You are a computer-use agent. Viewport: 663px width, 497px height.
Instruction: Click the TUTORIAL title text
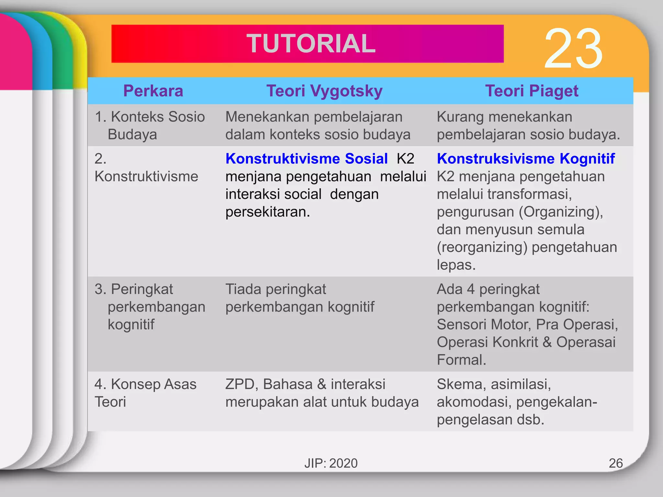(x=311, y=44)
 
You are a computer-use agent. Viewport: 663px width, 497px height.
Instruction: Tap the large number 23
(x=573, y=49)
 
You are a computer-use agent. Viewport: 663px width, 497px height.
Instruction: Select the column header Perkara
(x=153, y=91)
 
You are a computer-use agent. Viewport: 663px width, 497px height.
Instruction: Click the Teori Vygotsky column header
(x=324, y=91)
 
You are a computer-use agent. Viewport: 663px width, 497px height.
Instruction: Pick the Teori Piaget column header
(x=532, y=91)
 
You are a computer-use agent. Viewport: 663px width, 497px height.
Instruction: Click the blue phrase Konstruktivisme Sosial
(x=306, y=159)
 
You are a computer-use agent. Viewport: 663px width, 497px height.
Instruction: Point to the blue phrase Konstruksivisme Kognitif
(x=525, y=159)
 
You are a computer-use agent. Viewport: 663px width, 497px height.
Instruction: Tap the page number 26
(x=615, y=463)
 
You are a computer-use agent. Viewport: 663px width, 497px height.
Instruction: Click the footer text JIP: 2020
(x=331, y=463)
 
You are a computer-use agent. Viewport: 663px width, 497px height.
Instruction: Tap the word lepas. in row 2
(x=456, y=265)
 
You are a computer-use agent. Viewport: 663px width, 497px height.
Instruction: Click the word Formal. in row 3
(x=461, y=360)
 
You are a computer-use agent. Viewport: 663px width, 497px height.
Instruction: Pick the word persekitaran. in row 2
(x=268, y=212)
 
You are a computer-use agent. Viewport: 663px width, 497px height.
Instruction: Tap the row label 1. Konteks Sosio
(x=150, y=117)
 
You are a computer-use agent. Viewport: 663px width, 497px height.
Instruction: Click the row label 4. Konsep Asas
(x=145, y=384)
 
